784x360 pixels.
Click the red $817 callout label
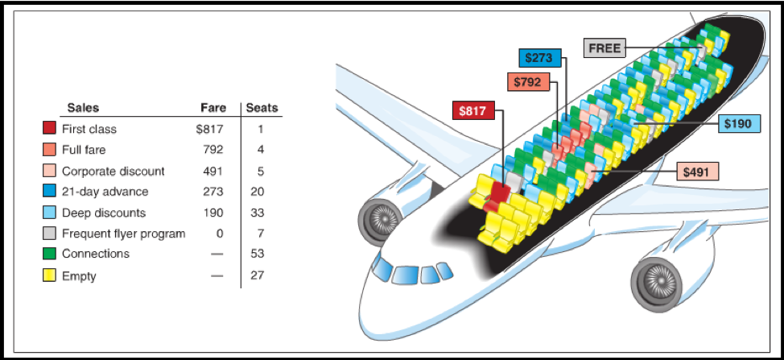click(x=473, y=110)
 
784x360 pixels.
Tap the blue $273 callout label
click(x=539, y=57)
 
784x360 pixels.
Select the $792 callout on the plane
click(x=528, y=81)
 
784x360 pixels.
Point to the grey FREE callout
click(x=605, y=48)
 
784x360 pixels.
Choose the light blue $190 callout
click(x=740, y=123)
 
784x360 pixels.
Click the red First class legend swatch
click(x=49, y=129)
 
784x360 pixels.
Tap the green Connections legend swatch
click(x=49, y=254)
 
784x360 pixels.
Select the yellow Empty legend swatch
click(x=49, y=275)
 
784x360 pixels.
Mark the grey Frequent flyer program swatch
click(x=49, y=233)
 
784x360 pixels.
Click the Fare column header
click(x=213, y=107)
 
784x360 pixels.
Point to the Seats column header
click(x=262, y=107)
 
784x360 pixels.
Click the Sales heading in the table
click(x=83, y=107)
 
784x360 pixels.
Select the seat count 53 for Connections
click(x=257, y=254)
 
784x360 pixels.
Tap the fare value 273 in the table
click(x=213, y=192)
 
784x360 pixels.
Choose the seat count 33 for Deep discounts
click(x=257, y=213)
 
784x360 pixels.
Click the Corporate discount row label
click(x=113, y=171)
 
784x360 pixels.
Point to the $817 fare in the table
click(x=210, y=129)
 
